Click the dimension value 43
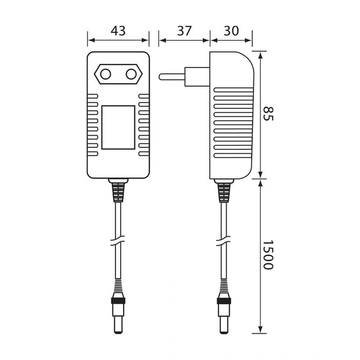tap(118, 31)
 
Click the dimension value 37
tap(184, 31)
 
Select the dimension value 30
tap(231, 31)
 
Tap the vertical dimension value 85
tap(269, 114)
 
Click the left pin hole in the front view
tap(106, 75)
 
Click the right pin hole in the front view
tap(130, 75)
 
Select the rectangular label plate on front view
tap(118, 127)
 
